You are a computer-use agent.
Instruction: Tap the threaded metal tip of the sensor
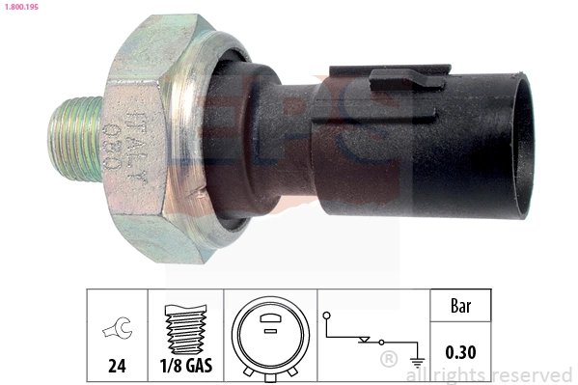[72, 137]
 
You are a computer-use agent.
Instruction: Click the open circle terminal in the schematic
[328, 315]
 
